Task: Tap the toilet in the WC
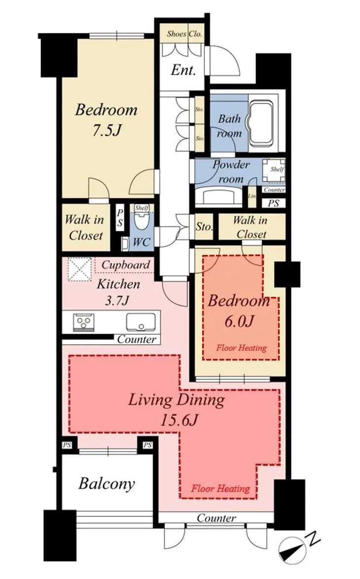click(142, 220)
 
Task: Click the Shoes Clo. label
click(184, 34)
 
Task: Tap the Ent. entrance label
click(183, 70)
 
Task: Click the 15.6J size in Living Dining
click(179, 420)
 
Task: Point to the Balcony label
click(107, 483)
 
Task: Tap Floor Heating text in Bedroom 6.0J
click(242, 348)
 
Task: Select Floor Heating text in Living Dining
click(220, 489)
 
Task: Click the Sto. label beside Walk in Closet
click(204, 227)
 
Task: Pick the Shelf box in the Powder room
click(273, 170)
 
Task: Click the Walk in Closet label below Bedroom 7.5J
click(85, 227)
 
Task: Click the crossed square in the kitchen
click(79, 269)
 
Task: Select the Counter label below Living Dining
click(216, 518)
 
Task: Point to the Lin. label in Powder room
click(252, 196)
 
